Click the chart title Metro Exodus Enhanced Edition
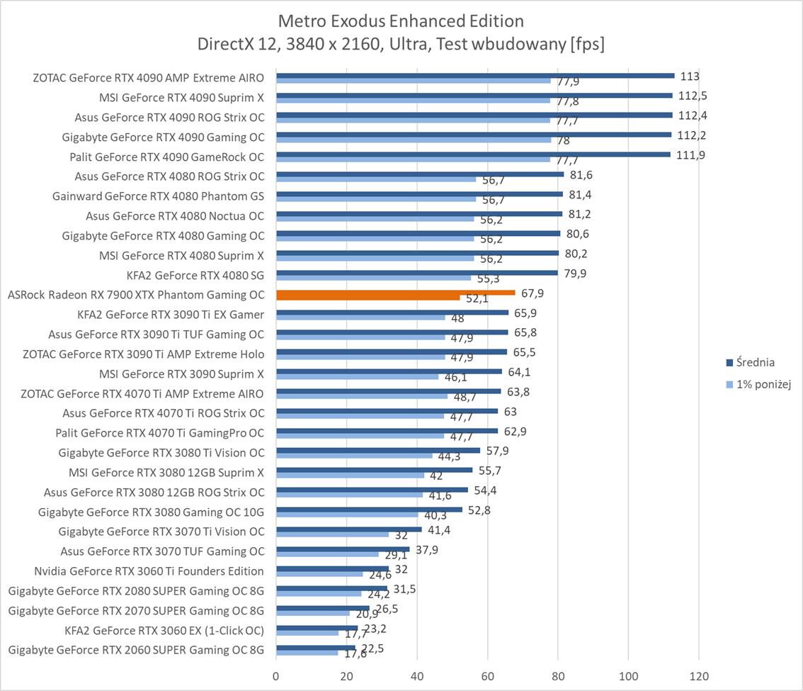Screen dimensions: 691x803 401,21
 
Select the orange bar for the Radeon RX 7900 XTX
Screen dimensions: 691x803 395,292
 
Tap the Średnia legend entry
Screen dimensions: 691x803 755,363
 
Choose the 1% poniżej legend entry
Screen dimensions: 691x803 761,384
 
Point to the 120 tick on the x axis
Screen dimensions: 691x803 698,676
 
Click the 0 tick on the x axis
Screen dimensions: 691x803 276,676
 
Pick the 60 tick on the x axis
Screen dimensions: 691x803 487,676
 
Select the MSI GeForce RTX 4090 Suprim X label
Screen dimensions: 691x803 182,97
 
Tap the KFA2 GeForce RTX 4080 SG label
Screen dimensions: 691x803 195,275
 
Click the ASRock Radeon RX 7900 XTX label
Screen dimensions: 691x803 135,295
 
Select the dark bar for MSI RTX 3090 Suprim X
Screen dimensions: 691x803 389,371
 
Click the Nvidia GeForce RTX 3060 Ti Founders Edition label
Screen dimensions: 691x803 149,571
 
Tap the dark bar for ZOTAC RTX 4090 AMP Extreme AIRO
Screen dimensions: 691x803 474,75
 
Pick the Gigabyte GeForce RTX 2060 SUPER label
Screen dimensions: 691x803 136,650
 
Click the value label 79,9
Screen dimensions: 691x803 575,274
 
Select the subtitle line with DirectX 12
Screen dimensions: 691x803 401,44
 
